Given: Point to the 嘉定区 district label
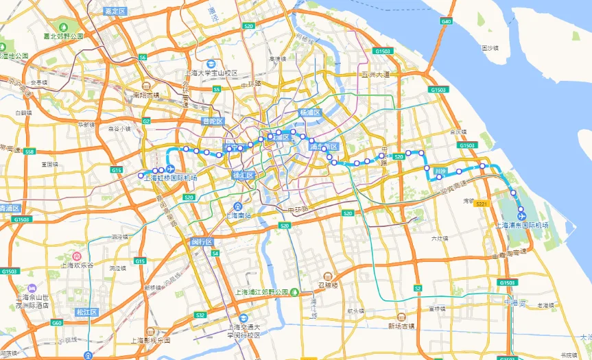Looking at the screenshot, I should pyautogui.click(x=114, y=12).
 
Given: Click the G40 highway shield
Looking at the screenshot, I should pyautogui.click(x=447, y=22).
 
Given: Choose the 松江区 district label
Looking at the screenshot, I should pyautogui.click(x=87, y=313).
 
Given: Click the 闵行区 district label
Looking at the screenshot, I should pyautogui.click(x=202, y=242).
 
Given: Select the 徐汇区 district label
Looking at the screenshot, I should pyautogui.click(x=244, y=176).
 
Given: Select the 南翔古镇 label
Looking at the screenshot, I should pyautogui.click(x=146, y=95).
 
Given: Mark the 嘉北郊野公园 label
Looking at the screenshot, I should pyautogui.click(x=63, y=36).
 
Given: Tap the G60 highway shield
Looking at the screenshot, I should pyautogui.click(x=57, y=322).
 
